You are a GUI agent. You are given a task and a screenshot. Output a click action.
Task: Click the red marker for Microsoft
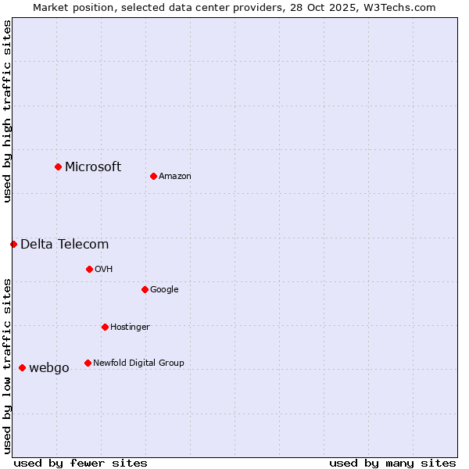pyautogui.click(x=58, y=166)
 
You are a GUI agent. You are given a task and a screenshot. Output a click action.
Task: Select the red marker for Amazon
pyautogui.click(x=153, y=176)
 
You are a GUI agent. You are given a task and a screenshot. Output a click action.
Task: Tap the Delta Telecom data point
pyautogui.click(x=13, y=244)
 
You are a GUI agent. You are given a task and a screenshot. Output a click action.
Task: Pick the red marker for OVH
pyautogui.click(x=89, y=269)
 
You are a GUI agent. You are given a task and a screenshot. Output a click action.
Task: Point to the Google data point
pyautogui.click(x=145, y=289)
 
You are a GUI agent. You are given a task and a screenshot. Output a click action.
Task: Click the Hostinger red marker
pyautogui.click(x=105, y=327)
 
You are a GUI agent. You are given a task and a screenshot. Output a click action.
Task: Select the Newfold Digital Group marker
pyautogui.click(x=88, y=363)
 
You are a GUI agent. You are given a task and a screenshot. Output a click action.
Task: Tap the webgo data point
pyautogui.click(x=22, y=367)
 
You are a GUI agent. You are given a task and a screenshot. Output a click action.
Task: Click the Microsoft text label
pyautogui.click(x=93, y=166)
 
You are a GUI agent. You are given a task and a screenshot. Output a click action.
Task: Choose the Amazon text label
pyautogui.click(x=175, y=176)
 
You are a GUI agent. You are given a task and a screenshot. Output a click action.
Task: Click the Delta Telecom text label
pyautogui.click(x=64, y=244)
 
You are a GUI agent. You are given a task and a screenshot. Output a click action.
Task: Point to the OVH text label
pyautogui.click(x=104, y=269)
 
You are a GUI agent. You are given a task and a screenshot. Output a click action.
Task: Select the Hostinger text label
pyautogui.click(x=130, y=327)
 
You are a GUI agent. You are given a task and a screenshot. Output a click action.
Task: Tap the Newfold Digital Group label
pyautogui.click(x=138, y=363)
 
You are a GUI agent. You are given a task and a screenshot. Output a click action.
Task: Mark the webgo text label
pyautogui.click(x=49, y=367)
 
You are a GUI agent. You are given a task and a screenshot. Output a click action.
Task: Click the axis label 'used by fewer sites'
pyautogui.click(x=81, y=463)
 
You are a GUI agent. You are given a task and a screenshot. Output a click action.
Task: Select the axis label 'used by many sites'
pyautogui.click(x=392, y=463)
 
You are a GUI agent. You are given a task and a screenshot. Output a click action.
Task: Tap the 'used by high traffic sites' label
pyautogui.click(x=7, y=111)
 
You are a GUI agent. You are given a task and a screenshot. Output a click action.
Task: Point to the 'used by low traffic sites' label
pyautogui.click(x=7, y=366)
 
